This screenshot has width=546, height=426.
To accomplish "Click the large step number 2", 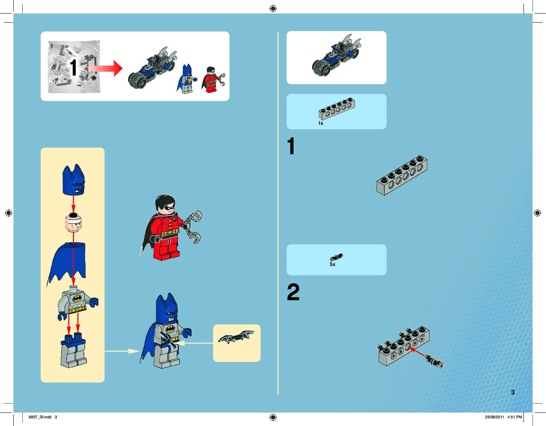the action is point(293,292).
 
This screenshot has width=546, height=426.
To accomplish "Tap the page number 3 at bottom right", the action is point(513,392).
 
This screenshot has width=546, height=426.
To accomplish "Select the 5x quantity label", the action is point(332,264).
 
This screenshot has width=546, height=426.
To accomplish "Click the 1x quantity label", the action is point(321,123).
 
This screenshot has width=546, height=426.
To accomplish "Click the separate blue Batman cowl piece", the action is point(74,180).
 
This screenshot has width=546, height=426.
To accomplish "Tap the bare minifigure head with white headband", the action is point(73,223).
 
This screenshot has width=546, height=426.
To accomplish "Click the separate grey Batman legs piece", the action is point(73,350).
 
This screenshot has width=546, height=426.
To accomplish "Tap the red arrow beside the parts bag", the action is point(106,68).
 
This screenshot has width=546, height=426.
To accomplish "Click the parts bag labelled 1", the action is point(74,67).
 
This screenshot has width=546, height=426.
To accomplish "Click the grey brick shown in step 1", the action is point(402,175).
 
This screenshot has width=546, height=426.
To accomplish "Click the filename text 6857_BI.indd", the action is point(40,417).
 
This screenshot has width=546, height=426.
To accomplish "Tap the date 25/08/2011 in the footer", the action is point(494,417).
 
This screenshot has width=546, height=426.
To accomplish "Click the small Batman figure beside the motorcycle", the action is point(187,79).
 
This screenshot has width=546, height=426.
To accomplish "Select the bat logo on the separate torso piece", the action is point(77,299).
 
